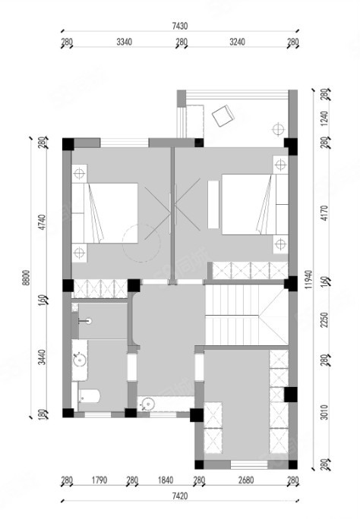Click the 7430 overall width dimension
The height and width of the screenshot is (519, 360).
(180, 26)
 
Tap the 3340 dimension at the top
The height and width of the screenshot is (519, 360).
(125, 42)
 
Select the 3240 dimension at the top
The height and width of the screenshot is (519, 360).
(237, 42)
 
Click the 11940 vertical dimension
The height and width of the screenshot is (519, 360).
(308, 280)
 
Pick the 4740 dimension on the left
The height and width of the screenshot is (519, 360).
(42, 222)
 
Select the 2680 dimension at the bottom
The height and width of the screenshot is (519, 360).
(246, 480)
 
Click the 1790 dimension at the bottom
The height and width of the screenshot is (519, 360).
(99, 480)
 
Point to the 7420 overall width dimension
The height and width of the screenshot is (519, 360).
(180, 496)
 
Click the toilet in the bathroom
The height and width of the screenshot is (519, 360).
(89, 396)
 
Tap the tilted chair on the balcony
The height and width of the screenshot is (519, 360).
(223, 116)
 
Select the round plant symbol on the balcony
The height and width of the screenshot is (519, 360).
(278, 129)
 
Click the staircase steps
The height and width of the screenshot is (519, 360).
(246, 315)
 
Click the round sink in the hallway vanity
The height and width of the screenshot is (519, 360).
(147, 404)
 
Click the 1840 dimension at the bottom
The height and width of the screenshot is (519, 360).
(166, 480)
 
